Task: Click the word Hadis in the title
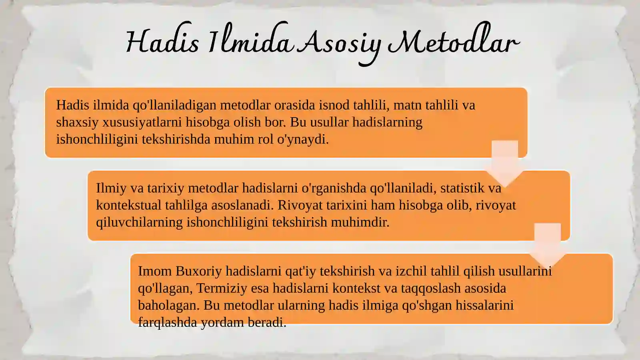click(x=162, y=42)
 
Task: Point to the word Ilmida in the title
click(x=250, y=38)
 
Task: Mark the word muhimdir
click(x=360, y=222)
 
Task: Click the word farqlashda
click(x=168, y=323)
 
